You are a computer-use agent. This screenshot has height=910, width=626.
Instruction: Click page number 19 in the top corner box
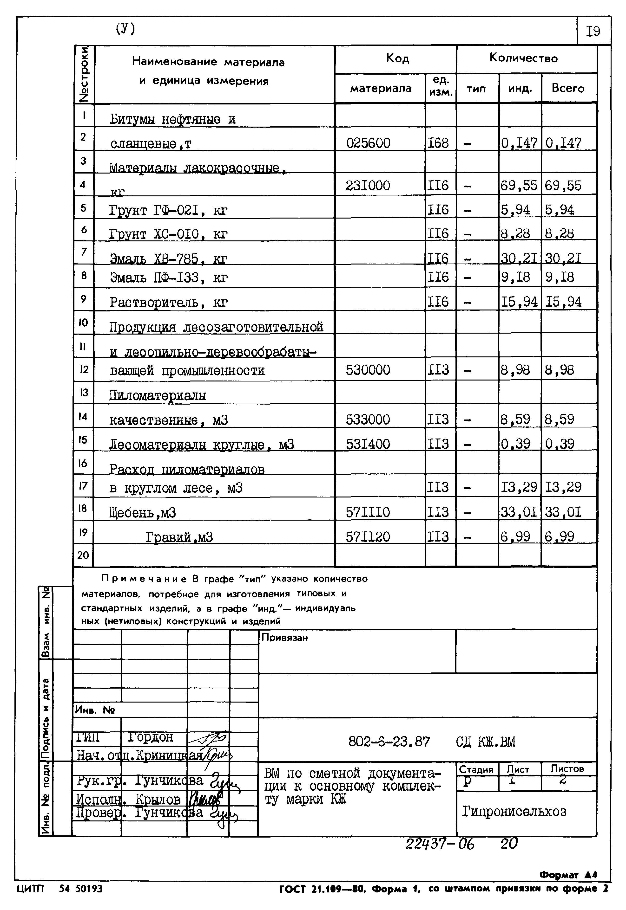593,31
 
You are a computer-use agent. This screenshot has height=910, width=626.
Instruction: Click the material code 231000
368,185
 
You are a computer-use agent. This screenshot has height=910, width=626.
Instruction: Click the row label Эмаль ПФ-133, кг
168,278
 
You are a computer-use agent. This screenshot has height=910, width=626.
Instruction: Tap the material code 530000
368,370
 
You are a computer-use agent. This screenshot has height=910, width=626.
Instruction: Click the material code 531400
368,444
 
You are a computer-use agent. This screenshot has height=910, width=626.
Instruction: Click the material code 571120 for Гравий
368,536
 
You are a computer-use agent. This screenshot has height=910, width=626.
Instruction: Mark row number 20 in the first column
83,555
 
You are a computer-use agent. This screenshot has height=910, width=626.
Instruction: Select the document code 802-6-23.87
389,742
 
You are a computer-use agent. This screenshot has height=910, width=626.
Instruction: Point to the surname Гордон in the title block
150,737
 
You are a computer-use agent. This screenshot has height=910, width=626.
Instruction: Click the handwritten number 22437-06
440,844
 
